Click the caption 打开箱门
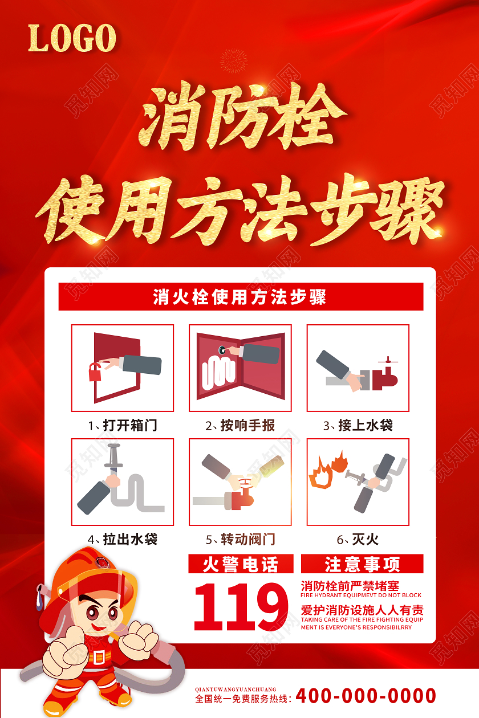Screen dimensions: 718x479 (x=123, y=425)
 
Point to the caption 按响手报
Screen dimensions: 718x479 (x=240, y=425)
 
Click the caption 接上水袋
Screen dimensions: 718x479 (x=358, y=425)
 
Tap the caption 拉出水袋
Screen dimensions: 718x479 (x=123, y=538)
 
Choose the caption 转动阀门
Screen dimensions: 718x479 (x=240, y=538)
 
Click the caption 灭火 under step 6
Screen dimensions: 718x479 (x=358, y=538)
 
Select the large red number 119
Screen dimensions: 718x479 (x=241, y=605)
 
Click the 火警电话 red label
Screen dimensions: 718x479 (x=241, y=564)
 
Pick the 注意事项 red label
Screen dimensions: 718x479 (x=362, y=564)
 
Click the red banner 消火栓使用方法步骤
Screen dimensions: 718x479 (x=241, y=297)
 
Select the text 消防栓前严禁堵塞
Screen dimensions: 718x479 (x=350, y=585)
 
